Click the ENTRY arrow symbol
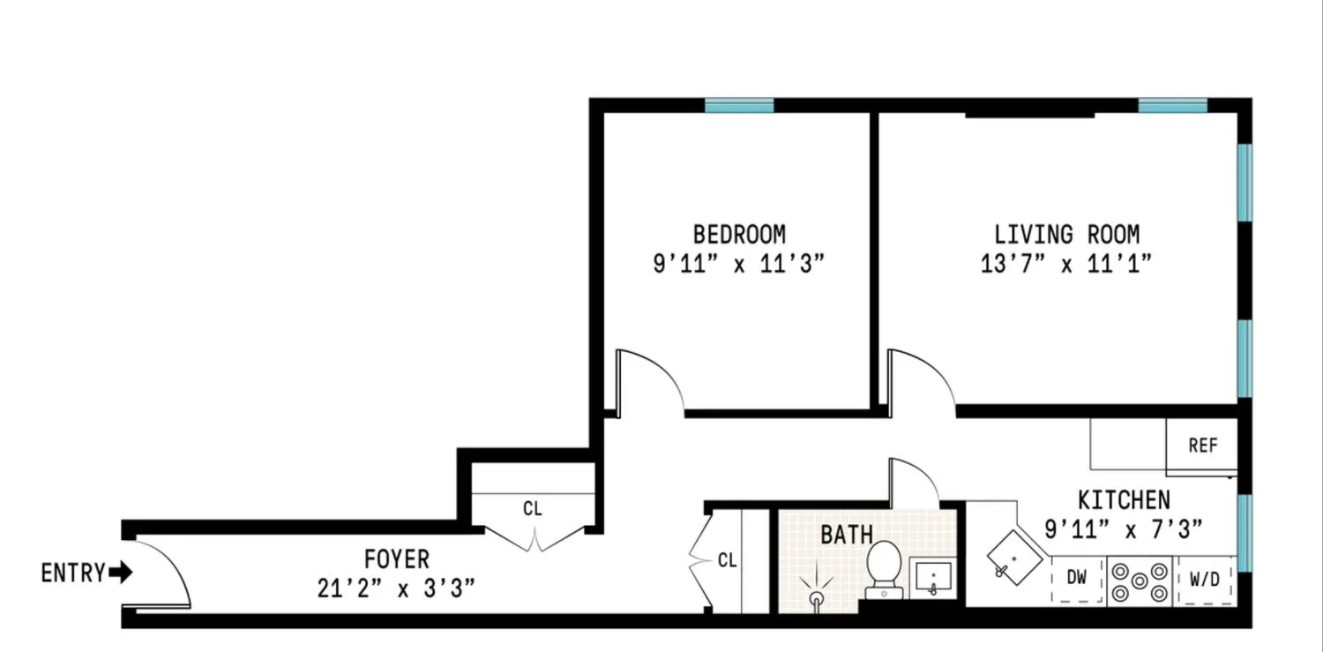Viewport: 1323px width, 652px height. point(121,573)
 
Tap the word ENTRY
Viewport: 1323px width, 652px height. point(73,573)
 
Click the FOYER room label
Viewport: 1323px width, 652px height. point(397,558)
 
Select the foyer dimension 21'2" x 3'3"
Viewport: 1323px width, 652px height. point(397,588)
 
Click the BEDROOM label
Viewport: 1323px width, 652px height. point(739,235)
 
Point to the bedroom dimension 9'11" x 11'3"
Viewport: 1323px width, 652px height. point(739,264)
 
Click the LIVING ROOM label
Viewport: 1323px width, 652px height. point(1066,235)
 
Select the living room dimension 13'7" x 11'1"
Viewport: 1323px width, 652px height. point(1066,264)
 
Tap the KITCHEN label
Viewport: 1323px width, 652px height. point(1124,500)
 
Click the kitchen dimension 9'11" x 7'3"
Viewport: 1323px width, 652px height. point(1124,529)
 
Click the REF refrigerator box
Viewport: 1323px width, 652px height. point(1202,446)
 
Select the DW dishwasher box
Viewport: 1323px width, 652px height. point(1077,579)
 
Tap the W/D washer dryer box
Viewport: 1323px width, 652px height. point(1204,580)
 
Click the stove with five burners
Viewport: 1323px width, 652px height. point(1139,580)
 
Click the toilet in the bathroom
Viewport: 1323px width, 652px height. point(883,566)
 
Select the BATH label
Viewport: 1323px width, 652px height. point(847,535)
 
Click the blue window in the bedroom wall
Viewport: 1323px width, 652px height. point(739,106)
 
